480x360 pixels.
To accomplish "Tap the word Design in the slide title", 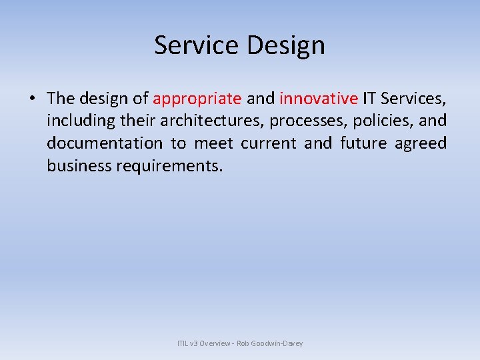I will point(285,45).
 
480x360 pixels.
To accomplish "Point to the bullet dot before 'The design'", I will point(32,99).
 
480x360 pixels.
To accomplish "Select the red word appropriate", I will point(197,99).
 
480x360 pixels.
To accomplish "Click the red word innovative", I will point(319,99).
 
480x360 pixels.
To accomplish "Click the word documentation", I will point(104,143).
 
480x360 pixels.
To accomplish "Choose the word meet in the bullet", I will point(212,143).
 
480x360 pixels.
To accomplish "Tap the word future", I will point(362,143).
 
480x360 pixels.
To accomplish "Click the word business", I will point(79,165).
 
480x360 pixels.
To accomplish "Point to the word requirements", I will point(169,165).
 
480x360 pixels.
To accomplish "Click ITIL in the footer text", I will point(183,343).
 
